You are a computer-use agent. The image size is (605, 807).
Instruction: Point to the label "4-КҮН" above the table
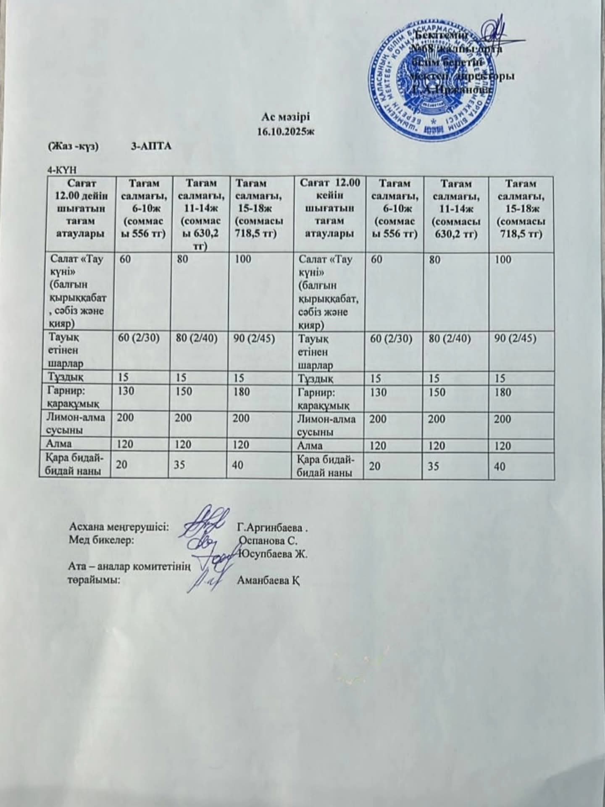pyautogui.click(x=63, y=170)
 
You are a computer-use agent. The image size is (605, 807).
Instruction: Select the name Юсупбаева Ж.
pyautogui.click(x=273, y=554)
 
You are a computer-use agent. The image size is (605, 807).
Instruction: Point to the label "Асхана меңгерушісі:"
pyautogui.click(x=119, y=527)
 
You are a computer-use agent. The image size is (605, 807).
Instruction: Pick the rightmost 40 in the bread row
pyautogui.click(x=500, y=466)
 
